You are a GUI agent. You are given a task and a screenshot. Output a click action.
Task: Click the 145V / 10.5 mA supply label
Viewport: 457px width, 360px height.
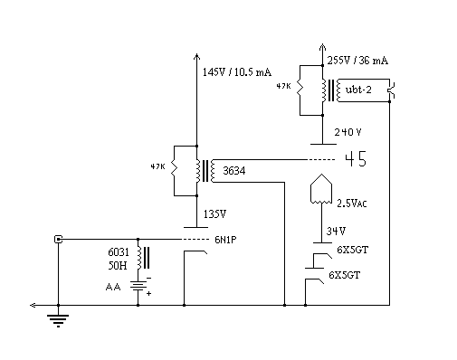tap(237, 72)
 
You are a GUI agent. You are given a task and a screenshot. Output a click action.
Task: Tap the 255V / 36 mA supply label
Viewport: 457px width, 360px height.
tap(357, 61)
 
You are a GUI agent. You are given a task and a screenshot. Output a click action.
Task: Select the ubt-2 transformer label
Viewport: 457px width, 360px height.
tap(358, 90)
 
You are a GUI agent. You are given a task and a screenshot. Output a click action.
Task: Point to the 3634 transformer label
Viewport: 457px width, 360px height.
tap(234, 171)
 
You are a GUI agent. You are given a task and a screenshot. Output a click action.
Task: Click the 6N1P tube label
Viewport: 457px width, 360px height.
tap(225, 240)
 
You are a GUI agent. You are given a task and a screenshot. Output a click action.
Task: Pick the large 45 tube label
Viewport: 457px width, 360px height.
tap(356, 159)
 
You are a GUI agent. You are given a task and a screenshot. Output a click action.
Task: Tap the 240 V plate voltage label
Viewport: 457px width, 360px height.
tap(348, 132)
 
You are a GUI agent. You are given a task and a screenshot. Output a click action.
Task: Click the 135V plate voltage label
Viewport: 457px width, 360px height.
tap(214, 214)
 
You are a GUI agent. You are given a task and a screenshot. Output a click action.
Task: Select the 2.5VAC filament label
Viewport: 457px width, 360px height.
tap(352, 204)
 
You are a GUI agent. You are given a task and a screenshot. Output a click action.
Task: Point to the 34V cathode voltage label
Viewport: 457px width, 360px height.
tap(336, 232)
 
